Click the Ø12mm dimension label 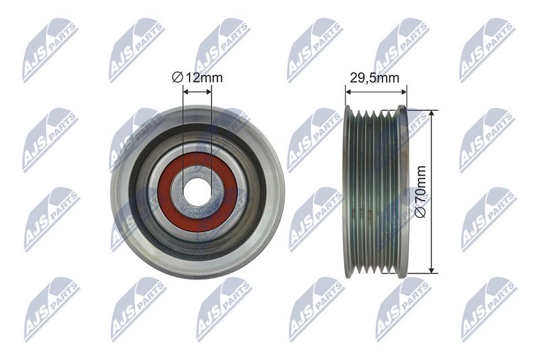(x=197, y=78)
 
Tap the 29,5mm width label (x=375, y=78)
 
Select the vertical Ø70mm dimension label (x=421, y=192)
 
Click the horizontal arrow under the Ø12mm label (x=197, y=92)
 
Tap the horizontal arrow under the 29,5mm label (x=376, y=92)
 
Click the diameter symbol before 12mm (x=177, y=78)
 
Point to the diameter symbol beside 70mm (x=421, y=212)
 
